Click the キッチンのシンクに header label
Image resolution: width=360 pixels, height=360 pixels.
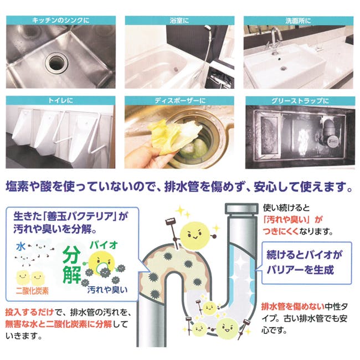coord(60,20)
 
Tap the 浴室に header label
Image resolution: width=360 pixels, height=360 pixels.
coord(179,20)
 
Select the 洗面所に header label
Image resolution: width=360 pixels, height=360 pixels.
coord(298,21)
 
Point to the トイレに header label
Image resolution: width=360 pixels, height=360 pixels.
coord(60,101)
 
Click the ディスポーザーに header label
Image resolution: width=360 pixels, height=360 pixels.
coord(180,101)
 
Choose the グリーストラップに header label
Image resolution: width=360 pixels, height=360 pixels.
coord(300,101)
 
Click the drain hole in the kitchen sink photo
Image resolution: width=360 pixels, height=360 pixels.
coord(56,62)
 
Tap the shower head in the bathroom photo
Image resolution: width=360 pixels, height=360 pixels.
coord(208,28)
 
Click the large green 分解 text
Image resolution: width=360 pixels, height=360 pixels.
coord(71,265)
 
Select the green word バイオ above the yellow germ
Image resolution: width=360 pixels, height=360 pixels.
coord(104,245)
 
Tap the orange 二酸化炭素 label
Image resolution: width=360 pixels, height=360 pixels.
coord(32,291)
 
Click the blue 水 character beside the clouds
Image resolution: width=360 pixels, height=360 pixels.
coord(20,247)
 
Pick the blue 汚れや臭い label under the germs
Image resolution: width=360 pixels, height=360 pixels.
coord(107,290)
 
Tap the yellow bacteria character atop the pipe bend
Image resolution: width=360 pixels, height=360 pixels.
coord(195,236)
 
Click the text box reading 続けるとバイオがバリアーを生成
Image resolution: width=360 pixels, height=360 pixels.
coord(306,263)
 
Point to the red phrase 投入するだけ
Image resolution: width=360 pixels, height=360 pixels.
coord(29,312)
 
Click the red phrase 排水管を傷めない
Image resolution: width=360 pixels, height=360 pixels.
coord(293,306)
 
